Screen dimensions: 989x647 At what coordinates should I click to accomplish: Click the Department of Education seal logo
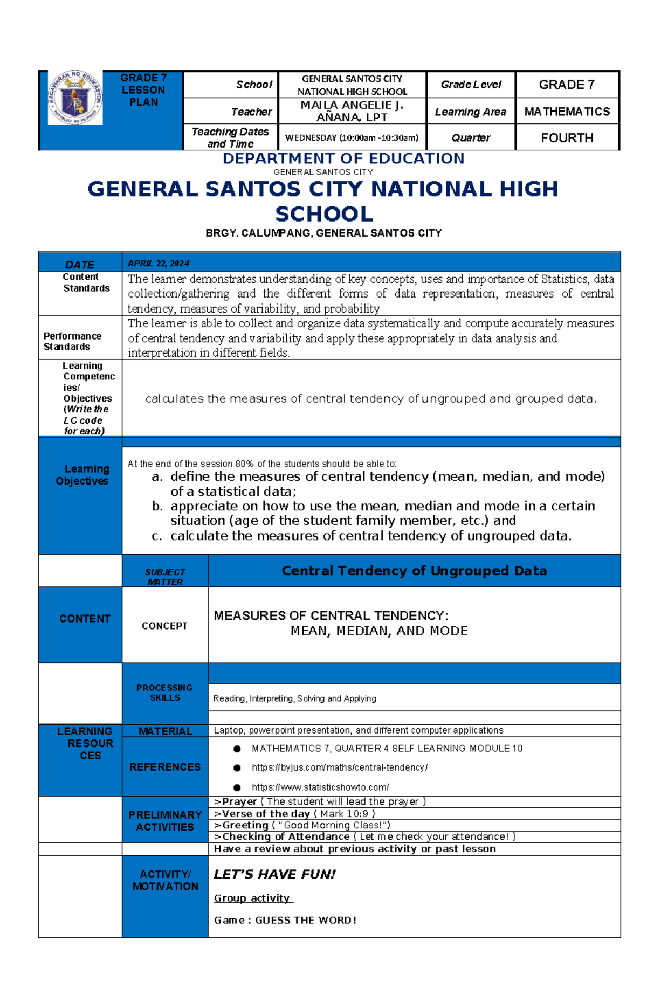75,98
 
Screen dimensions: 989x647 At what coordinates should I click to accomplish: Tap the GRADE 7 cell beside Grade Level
567,85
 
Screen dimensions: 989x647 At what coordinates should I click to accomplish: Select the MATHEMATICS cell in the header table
567,112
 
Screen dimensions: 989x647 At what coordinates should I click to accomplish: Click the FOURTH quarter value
567,138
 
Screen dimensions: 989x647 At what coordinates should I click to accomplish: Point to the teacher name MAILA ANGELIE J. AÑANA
352,111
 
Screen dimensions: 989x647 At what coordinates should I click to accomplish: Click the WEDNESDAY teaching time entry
352,138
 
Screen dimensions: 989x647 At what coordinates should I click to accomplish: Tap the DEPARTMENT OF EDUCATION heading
343,158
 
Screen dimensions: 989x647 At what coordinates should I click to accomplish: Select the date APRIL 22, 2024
158,264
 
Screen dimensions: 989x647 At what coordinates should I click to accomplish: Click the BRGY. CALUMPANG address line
323,233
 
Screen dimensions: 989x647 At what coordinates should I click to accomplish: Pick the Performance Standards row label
72,341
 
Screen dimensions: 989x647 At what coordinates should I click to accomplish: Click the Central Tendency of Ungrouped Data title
414,571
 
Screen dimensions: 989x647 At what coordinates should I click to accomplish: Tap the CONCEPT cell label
164,626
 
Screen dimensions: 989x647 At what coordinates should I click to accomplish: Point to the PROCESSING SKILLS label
164,693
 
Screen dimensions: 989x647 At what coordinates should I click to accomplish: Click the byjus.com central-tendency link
340,767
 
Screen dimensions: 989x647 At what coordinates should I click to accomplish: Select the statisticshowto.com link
320,787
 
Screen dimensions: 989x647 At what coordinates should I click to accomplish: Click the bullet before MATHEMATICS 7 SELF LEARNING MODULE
237,749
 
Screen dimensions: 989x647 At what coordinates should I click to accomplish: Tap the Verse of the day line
294,814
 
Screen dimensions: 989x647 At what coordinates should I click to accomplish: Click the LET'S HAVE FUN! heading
274,874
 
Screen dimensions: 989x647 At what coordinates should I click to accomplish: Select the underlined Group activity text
252,898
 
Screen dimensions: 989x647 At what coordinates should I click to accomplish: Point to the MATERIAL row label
165,731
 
